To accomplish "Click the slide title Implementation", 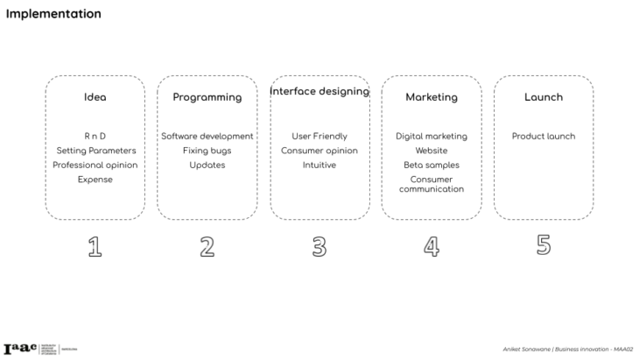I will [53, 14].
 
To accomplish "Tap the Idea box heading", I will [95, 97].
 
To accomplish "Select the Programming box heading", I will [207, 97].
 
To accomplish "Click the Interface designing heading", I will [319, 91].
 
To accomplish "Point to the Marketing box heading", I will [431, 97].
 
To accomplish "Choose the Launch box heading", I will [543, 97].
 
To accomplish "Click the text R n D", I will [95, 137].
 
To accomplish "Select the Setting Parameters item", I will [95, 151].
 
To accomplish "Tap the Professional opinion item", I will [95, 165].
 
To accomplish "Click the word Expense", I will [95, 179].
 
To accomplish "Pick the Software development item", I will [207, 137].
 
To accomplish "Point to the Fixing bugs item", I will [207, 151].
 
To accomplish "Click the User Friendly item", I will [319, 137].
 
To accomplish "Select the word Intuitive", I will [319, 165].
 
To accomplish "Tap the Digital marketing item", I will [431, 137].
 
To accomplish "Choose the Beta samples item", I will [431, 165].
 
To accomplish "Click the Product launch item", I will [543, 137].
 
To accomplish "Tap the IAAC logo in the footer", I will [20, 348].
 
